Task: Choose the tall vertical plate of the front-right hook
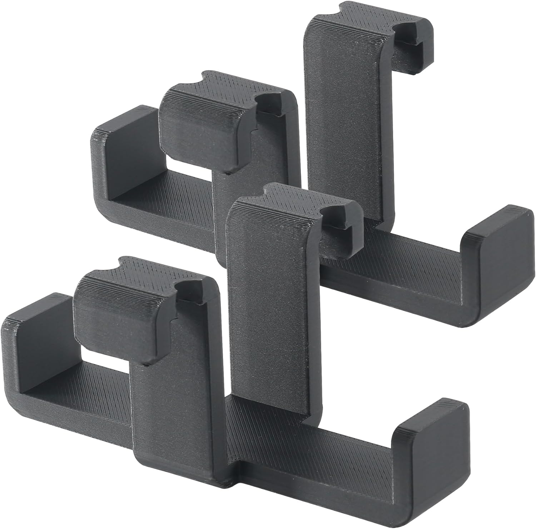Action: point(272,304)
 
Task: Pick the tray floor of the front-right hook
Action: point(322,450)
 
